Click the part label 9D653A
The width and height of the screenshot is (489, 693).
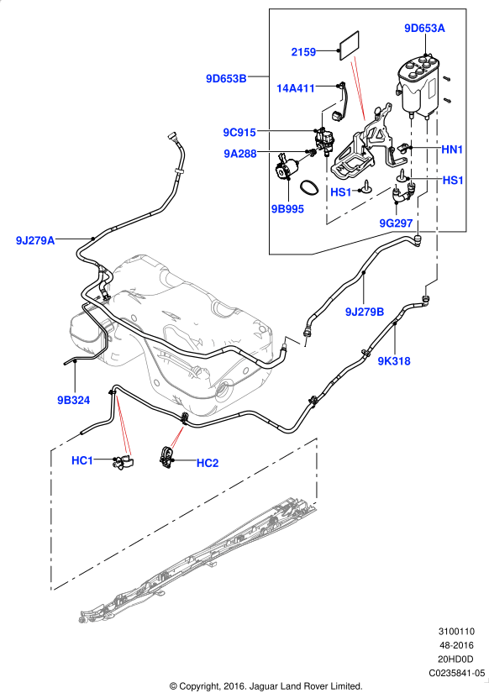(424, 29)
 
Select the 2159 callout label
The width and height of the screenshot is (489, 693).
(303, 52)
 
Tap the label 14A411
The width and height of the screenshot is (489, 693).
(296, 88)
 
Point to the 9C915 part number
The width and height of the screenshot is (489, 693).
(239, 132)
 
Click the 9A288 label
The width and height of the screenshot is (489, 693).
(240, 154)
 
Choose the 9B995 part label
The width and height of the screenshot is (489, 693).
(288, 209)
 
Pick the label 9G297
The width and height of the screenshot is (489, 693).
(396, 223)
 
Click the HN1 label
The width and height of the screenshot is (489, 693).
(452, 150)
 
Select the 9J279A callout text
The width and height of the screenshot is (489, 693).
(35, 241)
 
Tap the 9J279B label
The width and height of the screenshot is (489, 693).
(365, 312)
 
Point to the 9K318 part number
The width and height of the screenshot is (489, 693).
(394, 361)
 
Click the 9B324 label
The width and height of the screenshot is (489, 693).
(73, 401)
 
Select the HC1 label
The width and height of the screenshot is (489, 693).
(82, 460)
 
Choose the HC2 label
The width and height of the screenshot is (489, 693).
(208, 463)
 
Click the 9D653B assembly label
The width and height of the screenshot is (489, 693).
(226, 79)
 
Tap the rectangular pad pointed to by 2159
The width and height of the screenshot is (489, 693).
(350, 46)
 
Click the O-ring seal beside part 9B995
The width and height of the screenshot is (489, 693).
(309, 187)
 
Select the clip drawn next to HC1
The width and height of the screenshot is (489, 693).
(124, 462)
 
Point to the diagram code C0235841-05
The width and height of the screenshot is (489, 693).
(456, 673)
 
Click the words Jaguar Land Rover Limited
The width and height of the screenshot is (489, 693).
(306, 686)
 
